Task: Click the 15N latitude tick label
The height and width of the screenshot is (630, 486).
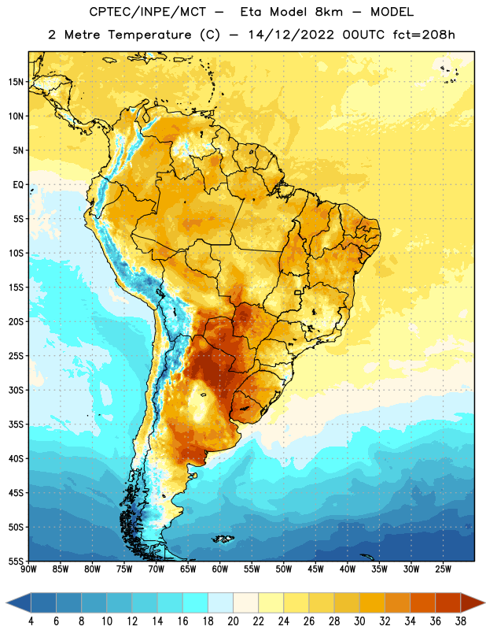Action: tap(16, 82)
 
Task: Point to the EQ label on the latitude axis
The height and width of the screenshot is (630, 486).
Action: tap(18, 185)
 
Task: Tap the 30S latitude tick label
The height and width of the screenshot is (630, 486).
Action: tap(16, 390)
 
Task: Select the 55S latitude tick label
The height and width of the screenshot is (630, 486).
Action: tap(16, 561)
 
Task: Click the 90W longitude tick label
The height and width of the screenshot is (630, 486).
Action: tap(28, 569)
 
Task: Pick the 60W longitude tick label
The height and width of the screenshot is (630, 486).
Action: tap(220, 569)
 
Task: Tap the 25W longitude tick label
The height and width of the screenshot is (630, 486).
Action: tap(443, 569)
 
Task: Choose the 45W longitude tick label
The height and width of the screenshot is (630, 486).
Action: tap(315, 569)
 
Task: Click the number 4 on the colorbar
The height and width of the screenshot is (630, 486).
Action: tap(31, 621)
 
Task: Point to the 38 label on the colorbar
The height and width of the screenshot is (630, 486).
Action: tap(461, 621)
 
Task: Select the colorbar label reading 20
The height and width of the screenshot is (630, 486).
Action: tap(233, 621)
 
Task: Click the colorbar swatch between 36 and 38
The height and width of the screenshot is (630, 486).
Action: tap(448, 603)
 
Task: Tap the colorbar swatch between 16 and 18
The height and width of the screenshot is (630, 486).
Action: tap(196, 603)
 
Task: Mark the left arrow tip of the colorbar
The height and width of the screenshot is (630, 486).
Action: tap(6, 603)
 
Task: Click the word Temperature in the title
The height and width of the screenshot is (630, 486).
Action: tap(149, 35)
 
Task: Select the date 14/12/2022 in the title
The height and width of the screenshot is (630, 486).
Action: tap(291, 35)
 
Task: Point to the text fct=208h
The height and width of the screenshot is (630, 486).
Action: tap(424, 35)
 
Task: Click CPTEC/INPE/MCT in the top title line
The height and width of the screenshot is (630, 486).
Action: tap(147, 12)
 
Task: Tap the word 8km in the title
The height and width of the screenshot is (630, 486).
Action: tap(329, 12)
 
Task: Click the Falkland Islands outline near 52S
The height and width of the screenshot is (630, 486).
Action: tap(223, 539)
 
